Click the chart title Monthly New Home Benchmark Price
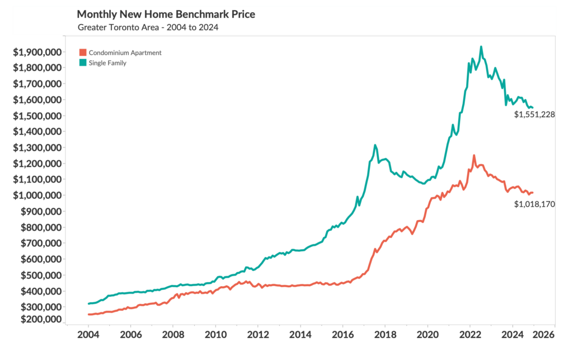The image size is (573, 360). pos(166,14)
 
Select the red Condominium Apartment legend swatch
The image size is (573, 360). pos(83,53)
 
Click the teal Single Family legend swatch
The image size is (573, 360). pos(83,63)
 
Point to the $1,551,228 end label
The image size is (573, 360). pos(534,114)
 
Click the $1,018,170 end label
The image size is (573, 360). pos(534,204)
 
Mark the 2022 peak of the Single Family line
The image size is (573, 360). pos(481,47)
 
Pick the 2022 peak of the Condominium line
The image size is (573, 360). pos(474,156)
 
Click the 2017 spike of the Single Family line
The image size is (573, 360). pos(375,145)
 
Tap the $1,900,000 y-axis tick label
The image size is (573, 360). pos(37,52)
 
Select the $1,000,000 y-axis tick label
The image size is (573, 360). pos(37,195)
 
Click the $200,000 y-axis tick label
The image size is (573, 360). pos(41,319)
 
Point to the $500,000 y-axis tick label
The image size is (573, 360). pos(41,275)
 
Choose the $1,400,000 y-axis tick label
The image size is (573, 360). pos(37,132)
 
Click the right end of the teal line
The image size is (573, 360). pos(533,107)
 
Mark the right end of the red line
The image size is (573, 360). pos(533,193)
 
